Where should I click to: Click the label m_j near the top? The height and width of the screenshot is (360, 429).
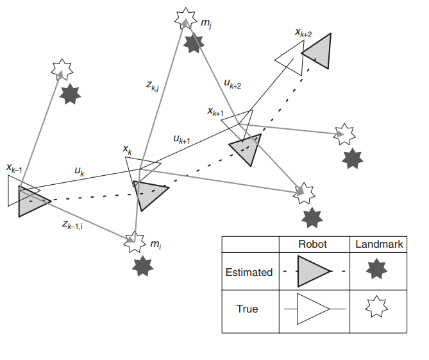206,24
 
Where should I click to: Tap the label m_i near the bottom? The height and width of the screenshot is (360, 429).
156,244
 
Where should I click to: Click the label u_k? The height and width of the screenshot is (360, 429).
80,171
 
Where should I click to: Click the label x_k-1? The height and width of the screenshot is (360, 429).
15,169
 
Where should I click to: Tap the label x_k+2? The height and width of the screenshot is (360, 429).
303,33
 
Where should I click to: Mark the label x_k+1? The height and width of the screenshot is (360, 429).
215,111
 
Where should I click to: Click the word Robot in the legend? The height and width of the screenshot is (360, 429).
312,244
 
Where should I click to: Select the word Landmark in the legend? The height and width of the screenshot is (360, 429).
378,244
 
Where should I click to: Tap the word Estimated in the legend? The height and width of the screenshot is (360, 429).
249,272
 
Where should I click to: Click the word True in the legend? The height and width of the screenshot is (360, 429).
247,309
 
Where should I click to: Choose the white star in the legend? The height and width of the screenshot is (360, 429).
377,309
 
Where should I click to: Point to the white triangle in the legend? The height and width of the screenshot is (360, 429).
312,309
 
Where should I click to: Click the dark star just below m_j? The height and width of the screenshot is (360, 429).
193,44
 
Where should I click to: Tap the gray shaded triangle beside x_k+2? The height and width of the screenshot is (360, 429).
319,52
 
